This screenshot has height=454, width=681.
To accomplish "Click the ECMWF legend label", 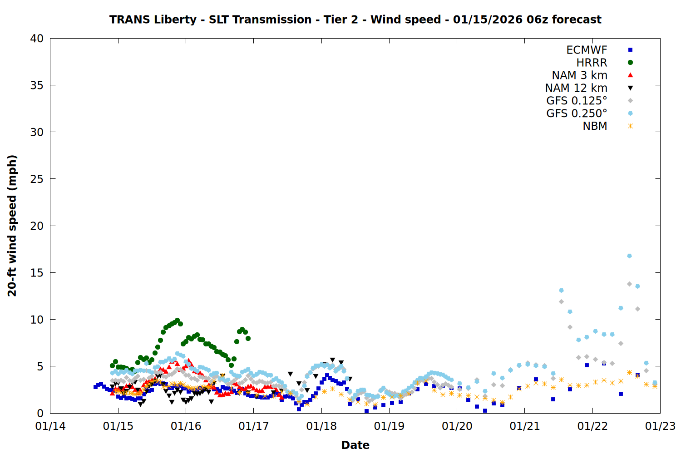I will pos(587,50).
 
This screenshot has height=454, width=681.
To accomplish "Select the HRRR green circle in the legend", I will pos(630,63).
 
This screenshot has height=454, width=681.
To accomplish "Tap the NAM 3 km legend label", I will pos(579,75).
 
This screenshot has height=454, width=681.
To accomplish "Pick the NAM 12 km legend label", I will pos(576,88).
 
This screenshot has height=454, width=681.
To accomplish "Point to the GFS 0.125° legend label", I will pos(577,101).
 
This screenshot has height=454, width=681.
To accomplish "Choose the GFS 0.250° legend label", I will pos(577,113).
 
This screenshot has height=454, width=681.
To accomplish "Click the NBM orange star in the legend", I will pos(630,126).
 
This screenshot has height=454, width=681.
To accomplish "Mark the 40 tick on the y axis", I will pos(37,39).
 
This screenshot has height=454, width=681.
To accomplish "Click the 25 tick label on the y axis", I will pos(37,179).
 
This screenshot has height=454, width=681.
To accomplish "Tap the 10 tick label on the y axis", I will pos(37,320).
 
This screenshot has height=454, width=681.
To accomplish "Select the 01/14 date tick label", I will pos(50,426).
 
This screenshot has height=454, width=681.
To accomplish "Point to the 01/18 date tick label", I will pos(321,426).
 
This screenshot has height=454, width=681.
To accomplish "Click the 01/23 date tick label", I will pos(660,426).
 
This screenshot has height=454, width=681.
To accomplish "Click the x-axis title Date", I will pos(355,445).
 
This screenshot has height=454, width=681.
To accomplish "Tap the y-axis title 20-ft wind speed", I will pos(12,226).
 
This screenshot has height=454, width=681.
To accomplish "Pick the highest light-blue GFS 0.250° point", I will pos(629,256).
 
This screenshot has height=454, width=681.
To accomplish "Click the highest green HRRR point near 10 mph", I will pos(178,320).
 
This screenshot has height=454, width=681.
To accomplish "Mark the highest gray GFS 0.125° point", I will pos(629,284).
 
